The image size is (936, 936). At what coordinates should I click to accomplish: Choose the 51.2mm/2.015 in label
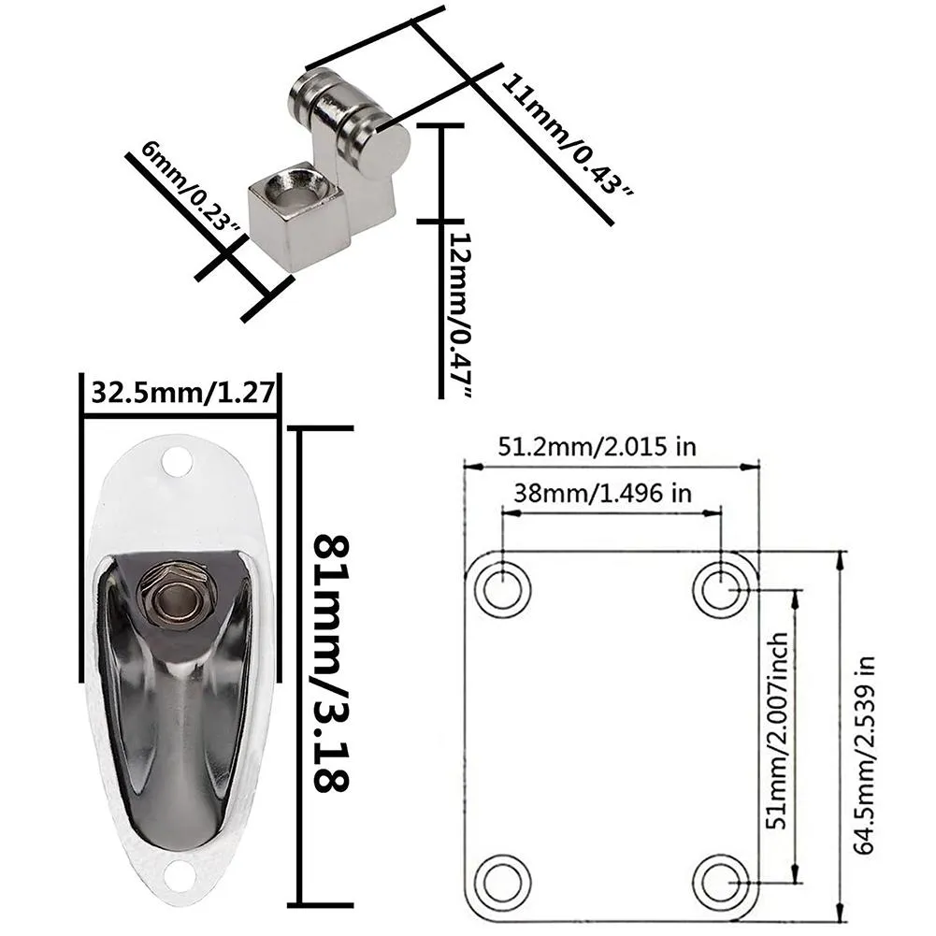(597, 445)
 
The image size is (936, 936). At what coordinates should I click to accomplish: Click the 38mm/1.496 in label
(599, 493)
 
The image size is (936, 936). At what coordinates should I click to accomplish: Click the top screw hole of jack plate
(176, 460)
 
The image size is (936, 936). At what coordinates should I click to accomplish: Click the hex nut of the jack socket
(177, 595)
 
